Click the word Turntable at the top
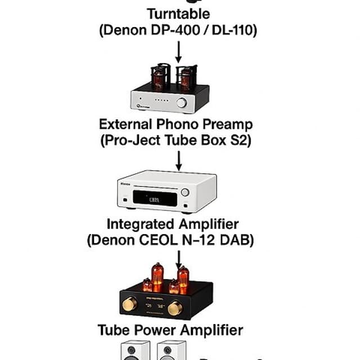coord(178,13)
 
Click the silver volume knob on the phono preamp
coord(182,102)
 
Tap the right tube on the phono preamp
coord(184,78)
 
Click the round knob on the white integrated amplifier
coord(185,192)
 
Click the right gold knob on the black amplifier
coord(175,308)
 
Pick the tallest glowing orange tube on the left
coord(157,277)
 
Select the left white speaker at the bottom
coord(133,350)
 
